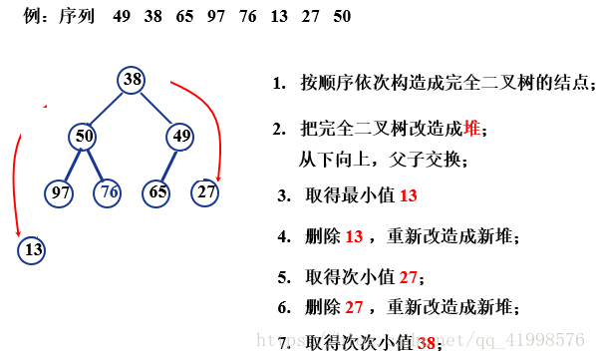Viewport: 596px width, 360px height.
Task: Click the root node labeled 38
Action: pos(132,79)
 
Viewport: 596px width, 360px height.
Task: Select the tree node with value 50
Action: pos(85,136)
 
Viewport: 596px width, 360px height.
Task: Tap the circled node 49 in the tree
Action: pos(180,136)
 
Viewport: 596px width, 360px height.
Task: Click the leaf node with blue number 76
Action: pos(109,191)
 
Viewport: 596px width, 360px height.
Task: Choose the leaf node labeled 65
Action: pos(155,191)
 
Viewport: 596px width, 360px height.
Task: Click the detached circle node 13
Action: pos(32,249)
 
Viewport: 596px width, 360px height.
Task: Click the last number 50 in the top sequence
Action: pos(342,18)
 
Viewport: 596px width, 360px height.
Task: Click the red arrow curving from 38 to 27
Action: pos(210,115)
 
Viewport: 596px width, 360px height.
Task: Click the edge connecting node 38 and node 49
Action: pos(157,108)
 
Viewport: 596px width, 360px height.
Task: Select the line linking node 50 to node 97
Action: pos(72,164)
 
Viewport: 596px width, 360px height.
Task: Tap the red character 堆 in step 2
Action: pos(472,130)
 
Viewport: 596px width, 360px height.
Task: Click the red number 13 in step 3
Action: pos(409,196)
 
